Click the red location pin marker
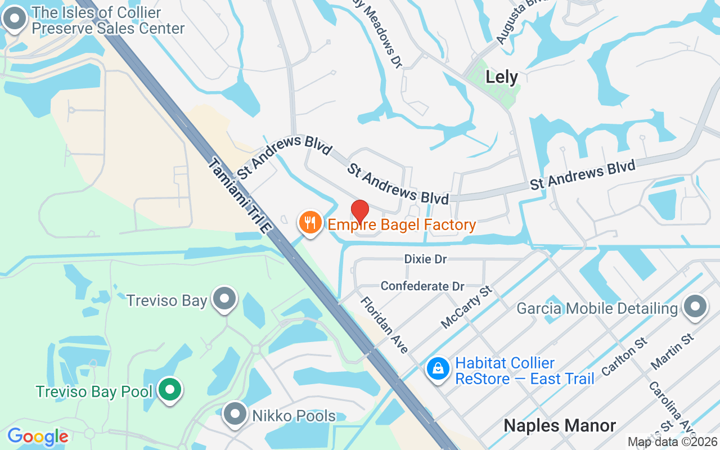[x=360, y=211]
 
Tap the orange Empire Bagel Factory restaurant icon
[x=309, y=223]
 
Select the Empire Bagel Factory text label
[x=402, y=225]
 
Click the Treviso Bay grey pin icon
[x=226, y=299]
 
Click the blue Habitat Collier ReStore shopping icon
[x=438, y=370]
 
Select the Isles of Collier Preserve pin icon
[x=15, y=19]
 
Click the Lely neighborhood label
[x=501, y=77]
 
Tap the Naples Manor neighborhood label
[x=560, y=425]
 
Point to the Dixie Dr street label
[x=425, y=259]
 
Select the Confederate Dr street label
[x=422, y=286]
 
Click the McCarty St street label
[x=466, y=307]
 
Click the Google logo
[x=38, y=436]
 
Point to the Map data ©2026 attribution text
[x=672, y=442]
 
